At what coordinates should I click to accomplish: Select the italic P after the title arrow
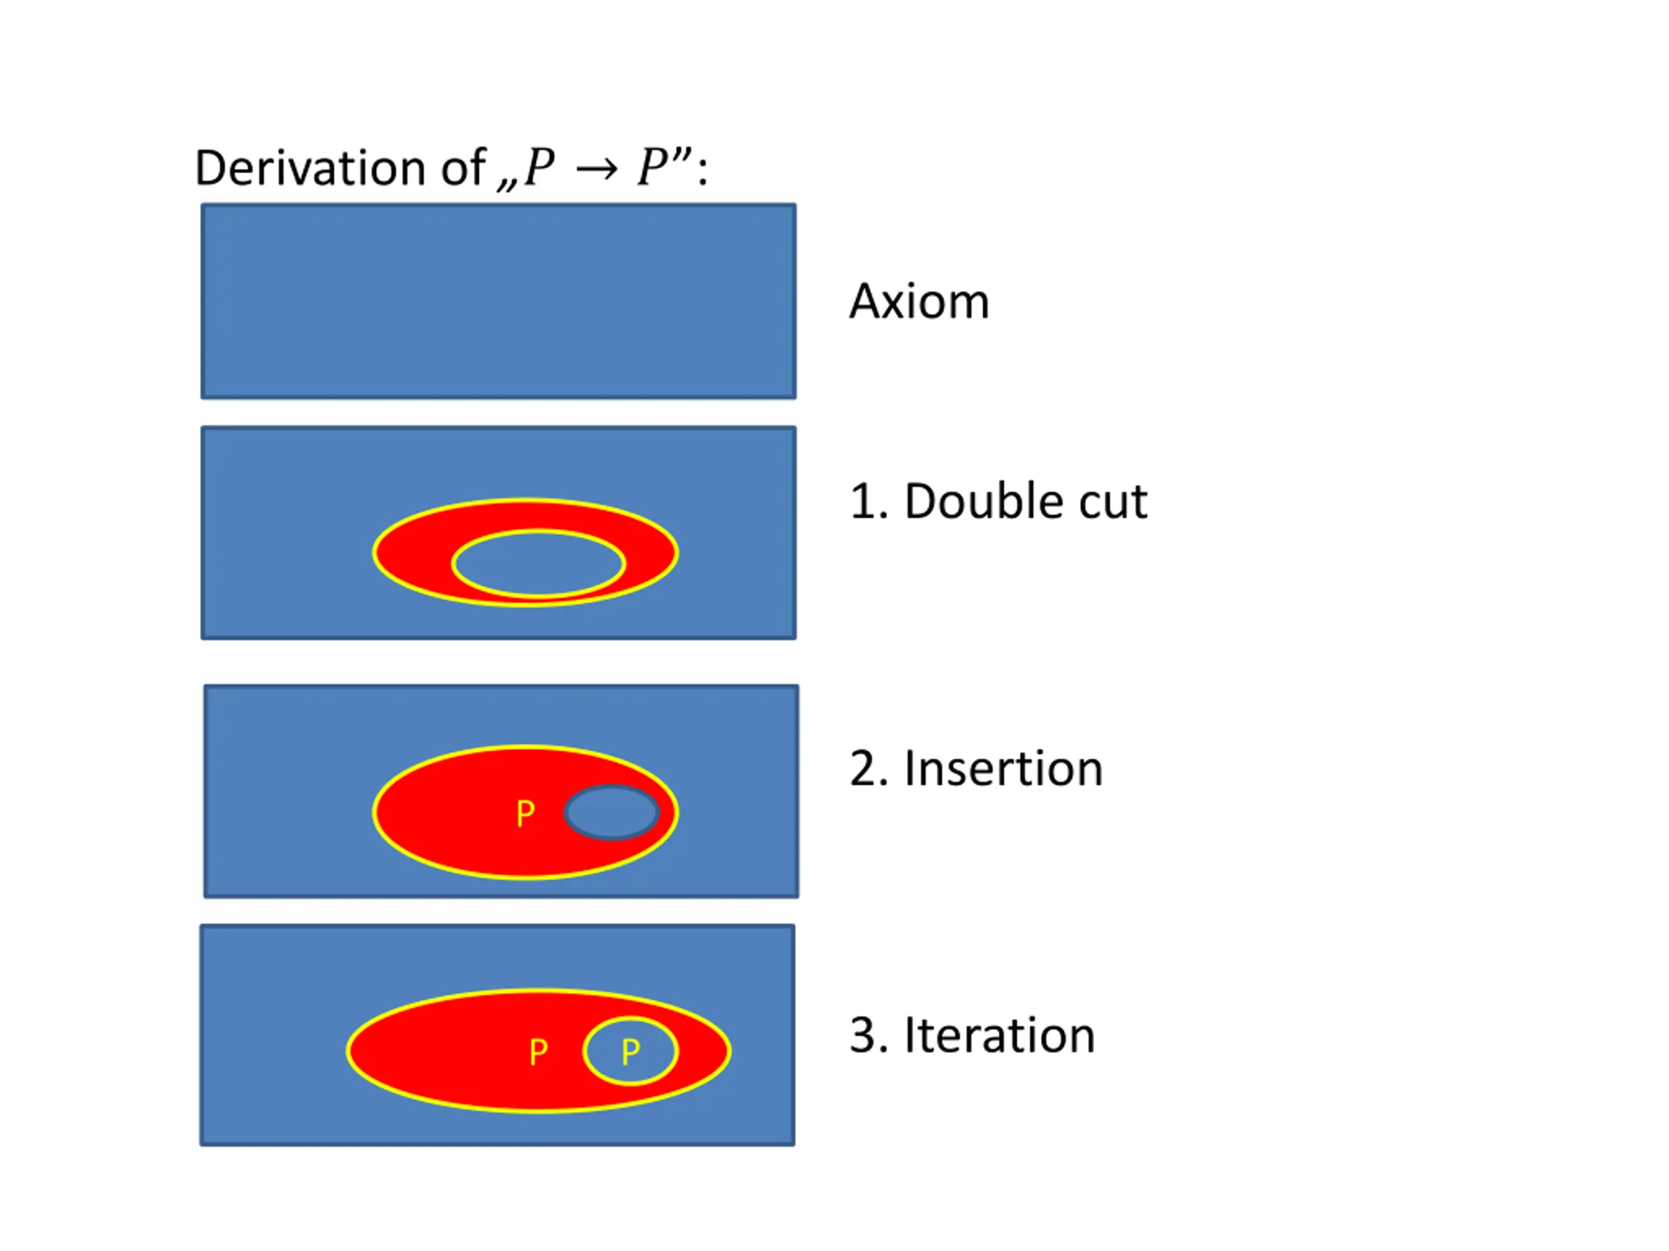click(x=653, y=167)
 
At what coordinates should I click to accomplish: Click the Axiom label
click(x=919, y=302)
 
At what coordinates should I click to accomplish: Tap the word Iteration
click(x=999, y=1035)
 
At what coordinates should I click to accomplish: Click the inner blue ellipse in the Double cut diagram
click(x=538, y=564)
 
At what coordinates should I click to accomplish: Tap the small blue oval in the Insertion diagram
click(x=611, y=812)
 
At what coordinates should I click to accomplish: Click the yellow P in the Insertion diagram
click(x=525, y=814)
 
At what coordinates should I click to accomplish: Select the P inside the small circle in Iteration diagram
click(x=630, y=1052)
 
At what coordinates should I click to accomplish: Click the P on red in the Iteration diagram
click(x=538, y=1052)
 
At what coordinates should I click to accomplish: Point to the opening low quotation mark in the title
click(x=507, y=183)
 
